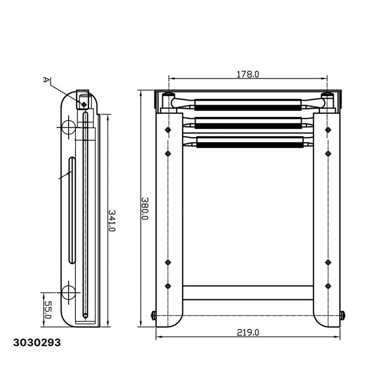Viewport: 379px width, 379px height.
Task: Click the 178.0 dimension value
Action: tap(247, 74)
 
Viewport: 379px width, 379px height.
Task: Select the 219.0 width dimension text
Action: tap(248, 333)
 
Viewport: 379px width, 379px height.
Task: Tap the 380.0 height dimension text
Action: tap(145, 208)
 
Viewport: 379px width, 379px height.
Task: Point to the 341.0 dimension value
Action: tap(112, 220)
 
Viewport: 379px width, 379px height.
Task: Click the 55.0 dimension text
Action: tap(48, 310)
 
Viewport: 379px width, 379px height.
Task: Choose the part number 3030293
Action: tap(37, 343)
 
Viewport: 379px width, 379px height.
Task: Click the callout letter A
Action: tap(46, 80)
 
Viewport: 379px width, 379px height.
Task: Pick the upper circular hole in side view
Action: tap(68, 127)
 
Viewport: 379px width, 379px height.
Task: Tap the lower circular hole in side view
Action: tap(68, 292)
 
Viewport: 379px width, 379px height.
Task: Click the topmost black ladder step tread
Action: tap(248, 108)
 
